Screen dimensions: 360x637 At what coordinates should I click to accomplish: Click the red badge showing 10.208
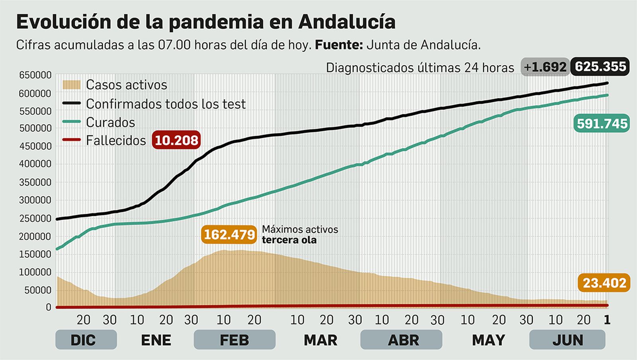pos(176,140)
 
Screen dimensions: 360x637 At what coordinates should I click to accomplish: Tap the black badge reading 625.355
pos(600,67)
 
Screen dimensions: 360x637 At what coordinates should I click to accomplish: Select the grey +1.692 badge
pos(545,67)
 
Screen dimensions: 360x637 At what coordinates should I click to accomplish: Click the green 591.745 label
pos(602,124)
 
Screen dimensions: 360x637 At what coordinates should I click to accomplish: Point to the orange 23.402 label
pos(604,283)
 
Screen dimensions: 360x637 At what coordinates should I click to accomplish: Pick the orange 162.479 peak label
pos(229,235)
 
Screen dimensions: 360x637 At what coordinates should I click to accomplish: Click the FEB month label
pos(234,340)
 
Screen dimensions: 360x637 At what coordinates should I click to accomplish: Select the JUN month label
pos(567,340)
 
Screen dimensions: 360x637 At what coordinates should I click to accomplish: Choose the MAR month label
pos(320,340)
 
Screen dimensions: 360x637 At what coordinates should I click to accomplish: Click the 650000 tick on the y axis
pos(35,75)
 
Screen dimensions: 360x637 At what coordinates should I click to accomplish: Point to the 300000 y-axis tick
pos(35,200)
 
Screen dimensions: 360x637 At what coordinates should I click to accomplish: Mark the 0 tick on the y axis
pos(48,307)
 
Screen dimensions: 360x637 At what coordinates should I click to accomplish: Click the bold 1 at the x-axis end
pos(607,320)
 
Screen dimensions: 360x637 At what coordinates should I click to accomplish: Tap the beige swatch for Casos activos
pos(71,84)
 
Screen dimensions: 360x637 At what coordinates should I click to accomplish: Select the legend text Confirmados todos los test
pos(166,104)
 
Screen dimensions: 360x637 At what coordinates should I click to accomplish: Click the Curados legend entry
pos(110,122)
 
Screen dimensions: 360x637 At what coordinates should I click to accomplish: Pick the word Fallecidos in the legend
pos(116,141)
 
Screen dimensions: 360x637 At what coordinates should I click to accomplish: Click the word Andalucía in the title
pos(346,22)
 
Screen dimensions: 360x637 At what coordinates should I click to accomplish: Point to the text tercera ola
pos(289,240)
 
